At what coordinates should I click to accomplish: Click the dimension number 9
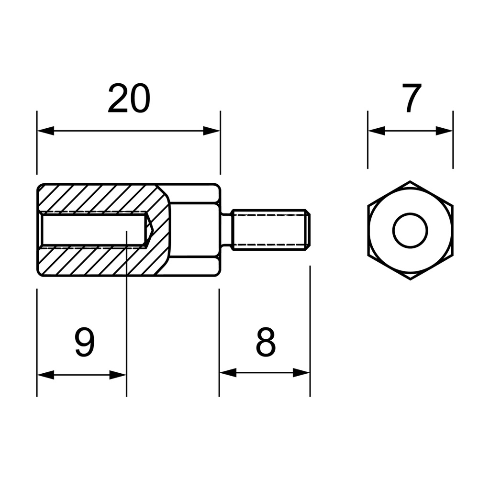coord(85,342)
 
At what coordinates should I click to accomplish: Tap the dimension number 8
coord(266,342)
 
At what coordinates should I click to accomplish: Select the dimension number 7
coord(412,98)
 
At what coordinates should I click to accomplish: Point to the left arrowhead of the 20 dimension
coord(45,131)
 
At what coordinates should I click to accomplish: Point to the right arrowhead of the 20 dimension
coord(212,131)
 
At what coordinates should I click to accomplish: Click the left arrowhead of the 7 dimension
coord(377,131)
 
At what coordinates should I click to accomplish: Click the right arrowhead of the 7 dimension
coord(444,131)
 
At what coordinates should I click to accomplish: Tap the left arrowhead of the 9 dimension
coord(45,375)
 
